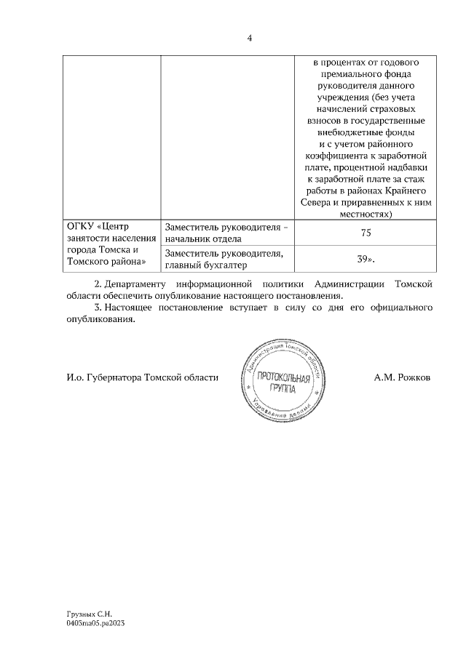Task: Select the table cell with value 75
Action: [366, 233]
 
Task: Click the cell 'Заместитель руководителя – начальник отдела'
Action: [226, 233]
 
